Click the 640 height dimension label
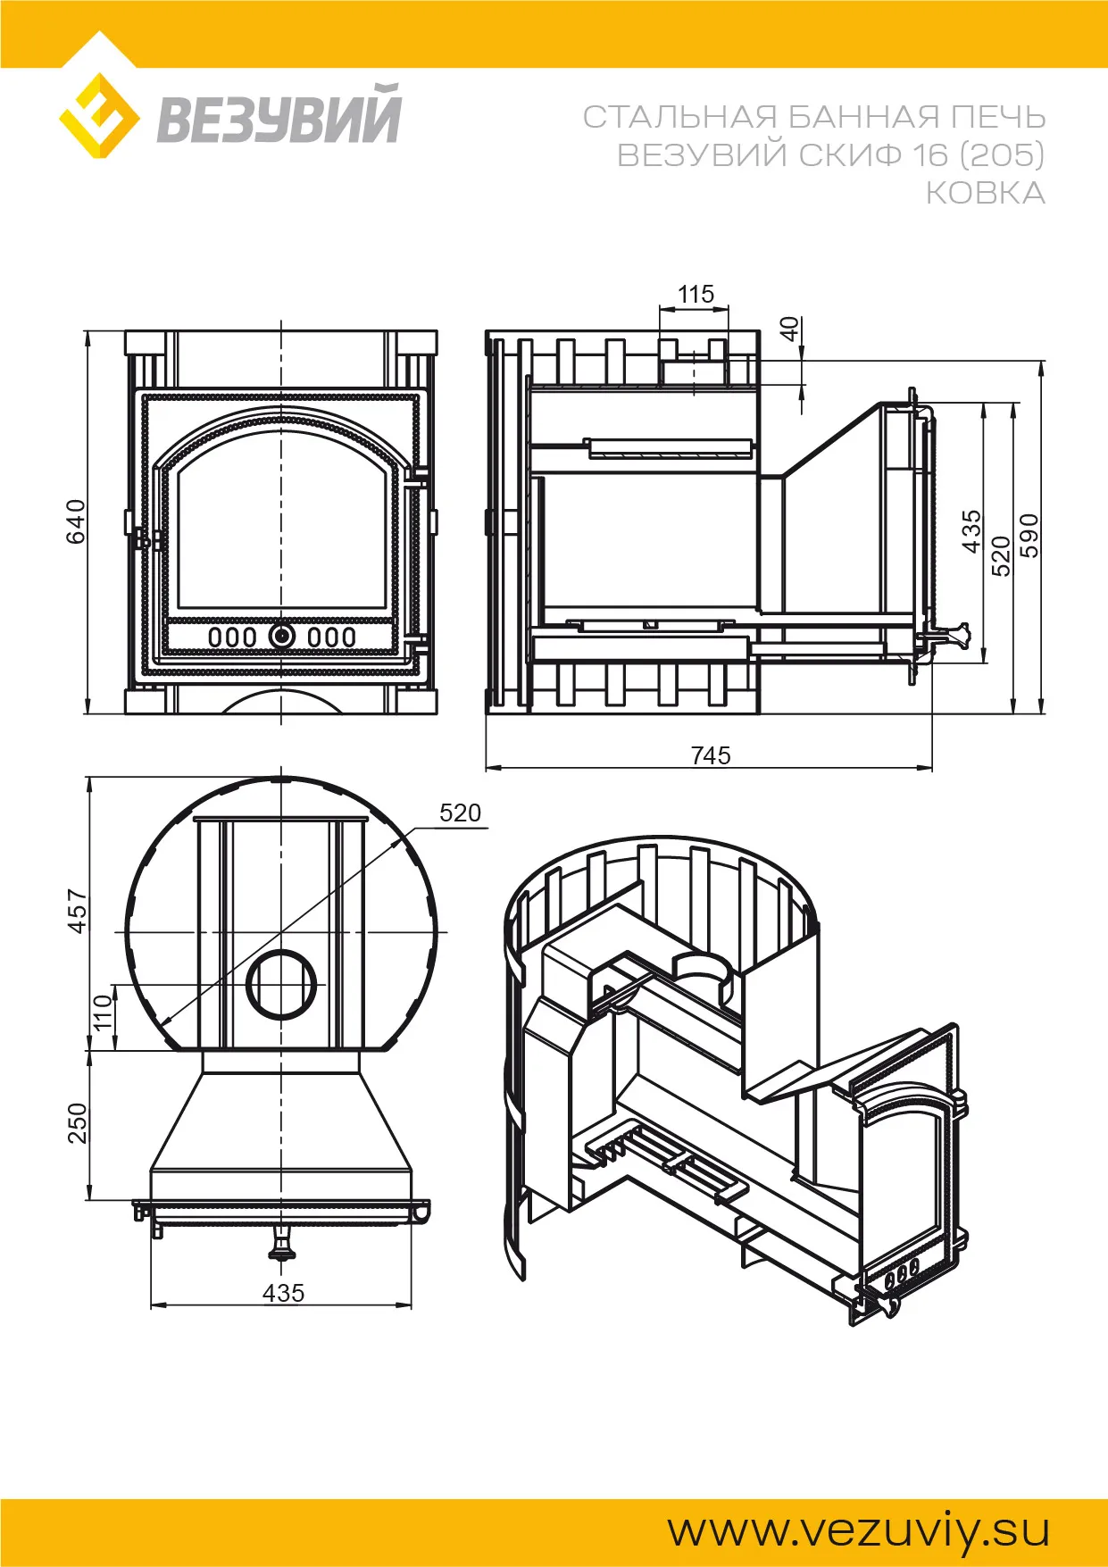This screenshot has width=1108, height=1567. coord(77,521)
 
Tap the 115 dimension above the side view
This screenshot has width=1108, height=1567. coord(696,294)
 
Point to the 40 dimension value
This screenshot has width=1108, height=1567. coord(790,329)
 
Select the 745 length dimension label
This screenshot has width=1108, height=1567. coord(711,755)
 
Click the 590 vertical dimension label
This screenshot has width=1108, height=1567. coord(1029,536)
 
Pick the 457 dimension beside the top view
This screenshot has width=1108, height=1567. coord(78,911)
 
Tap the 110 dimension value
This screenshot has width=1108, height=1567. coord(104,1012)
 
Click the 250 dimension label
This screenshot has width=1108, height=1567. coord(78,1123)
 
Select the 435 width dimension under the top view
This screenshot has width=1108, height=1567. coord(283,1293)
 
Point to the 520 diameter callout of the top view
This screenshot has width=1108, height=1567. coord(460,813)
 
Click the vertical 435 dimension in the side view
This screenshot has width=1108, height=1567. coord(971,531)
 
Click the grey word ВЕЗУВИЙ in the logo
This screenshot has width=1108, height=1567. coord(279,115)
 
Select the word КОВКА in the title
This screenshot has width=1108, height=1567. coord(985,193)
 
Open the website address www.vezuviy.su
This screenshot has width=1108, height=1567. coord(859,1530)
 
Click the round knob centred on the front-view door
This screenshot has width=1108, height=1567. coord(282,636)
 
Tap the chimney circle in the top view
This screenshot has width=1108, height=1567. coord(281,985)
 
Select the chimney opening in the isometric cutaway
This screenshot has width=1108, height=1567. coord(706,966)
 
